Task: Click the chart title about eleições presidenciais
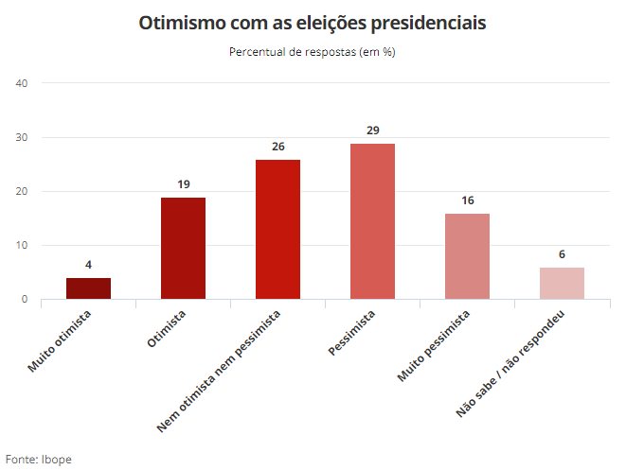(x=313, y=22)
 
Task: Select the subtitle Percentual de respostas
(x=313, y=51)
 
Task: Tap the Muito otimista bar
(x=88, y=288)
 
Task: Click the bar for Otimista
(x=183, y=249)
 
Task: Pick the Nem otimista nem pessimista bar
(x=277, y=230)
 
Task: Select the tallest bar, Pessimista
(x=372, y=221)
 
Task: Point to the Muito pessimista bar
(x=467, y=256)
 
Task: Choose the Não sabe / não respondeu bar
(x=562, y=284)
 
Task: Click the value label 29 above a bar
(x=372, y=131)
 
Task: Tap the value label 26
(x=277, y=147)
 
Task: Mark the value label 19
(x=183, y=184)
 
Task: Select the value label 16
(x=467, y=200)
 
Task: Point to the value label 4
(x=88, y=266)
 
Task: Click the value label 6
(x=562, y=254)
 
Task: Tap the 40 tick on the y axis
(x=23, y=83)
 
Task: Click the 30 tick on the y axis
(x=23, y=137)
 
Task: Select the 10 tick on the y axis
(x=23, y=246)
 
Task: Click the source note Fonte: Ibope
(x=39, y=459)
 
